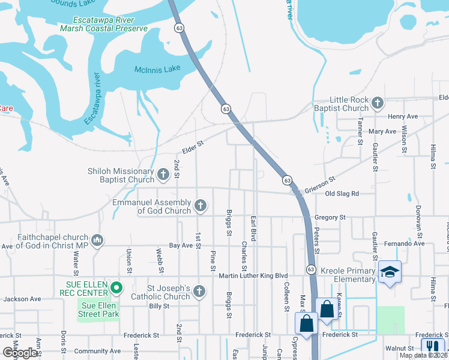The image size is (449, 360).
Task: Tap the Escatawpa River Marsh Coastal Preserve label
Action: click(110, 24)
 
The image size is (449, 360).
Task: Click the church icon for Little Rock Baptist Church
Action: click(378, 103)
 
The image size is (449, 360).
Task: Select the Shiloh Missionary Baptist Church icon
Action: click(163, 175)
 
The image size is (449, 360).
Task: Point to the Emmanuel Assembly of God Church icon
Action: click(200, 206)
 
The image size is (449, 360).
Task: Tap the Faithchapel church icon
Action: click(97, 241)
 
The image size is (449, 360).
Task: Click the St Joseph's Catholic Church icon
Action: click(200, 292)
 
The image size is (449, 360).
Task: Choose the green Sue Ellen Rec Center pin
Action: click(118, 287)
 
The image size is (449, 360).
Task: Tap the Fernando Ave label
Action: click(405, 244)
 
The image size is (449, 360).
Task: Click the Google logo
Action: click(20, 353)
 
